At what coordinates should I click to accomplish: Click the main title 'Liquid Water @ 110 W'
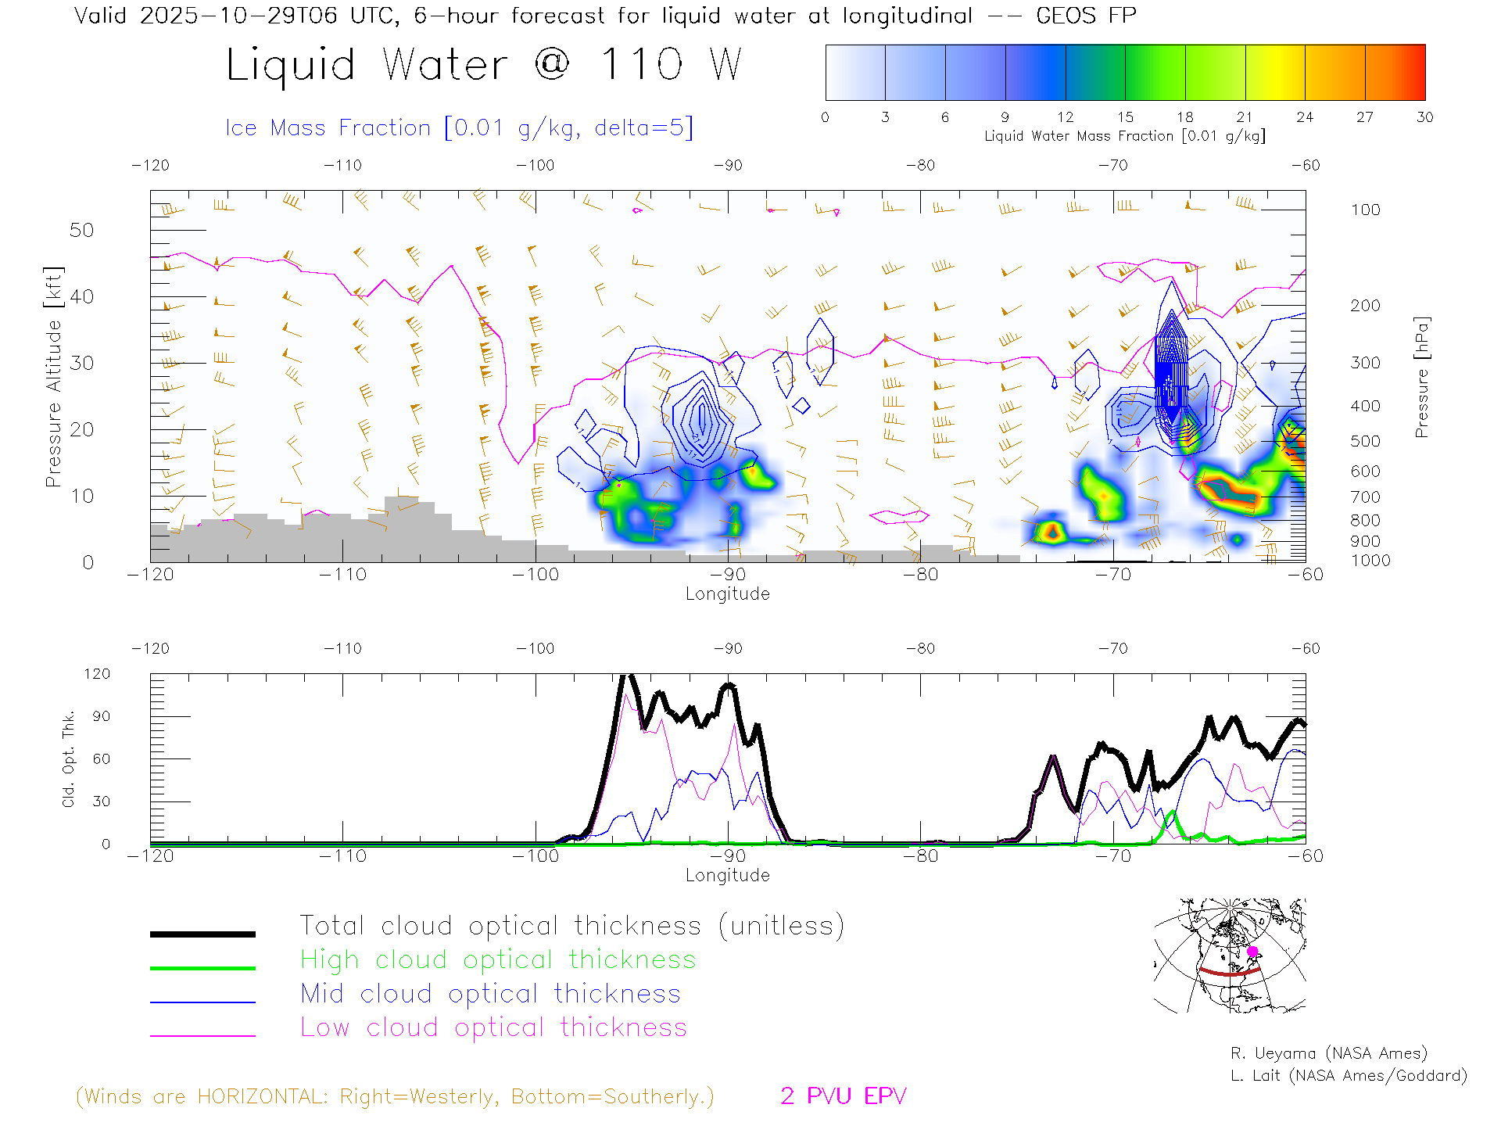click(x=483, y=65)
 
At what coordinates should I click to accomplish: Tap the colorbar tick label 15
click(x=1125, y=117)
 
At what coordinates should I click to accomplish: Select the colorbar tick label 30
click(x=1424, y=117)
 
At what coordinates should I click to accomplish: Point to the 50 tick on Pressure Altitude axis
click(x=81, y=231)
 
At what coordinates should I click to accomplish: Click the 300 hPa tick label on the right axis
click(x=1365, y=363)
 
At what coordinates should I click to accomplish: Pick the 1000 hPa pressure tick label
click(x=1370, y=561)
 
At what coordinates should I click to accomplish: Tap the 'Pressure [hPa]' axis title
click(x=1422, y=377)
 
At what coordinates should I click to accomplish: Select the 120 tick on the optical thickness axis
click(x=98, y=674)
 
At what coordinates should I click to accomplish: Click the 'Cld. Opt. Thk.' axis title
click(x=69, y=758)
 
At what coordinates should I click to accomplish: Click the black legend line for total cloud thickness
click(x=202, y=934)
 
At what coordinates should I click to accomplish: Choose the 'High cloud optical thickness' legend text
click(x=498, y=959)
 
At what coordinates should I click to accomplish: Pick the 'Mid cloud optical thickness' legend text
click(x=490, y=994)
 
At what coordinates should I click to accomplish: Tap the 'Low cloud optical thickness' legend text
click(x=493, y=1027)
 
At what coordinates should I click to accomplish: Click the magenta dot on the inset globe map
click(x=1252, y=952)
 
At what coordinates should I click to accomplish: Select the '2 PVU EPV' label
click(x=843, y=1096)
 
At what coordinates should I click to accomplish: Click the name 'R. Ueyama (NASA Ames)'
click(x=1328, y=1053)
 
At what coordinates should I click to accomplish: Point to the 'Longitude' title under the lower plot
click(x=727, y=875)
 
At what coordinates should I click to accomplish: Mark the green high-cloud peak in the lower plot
click(x=1171, y=813)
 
